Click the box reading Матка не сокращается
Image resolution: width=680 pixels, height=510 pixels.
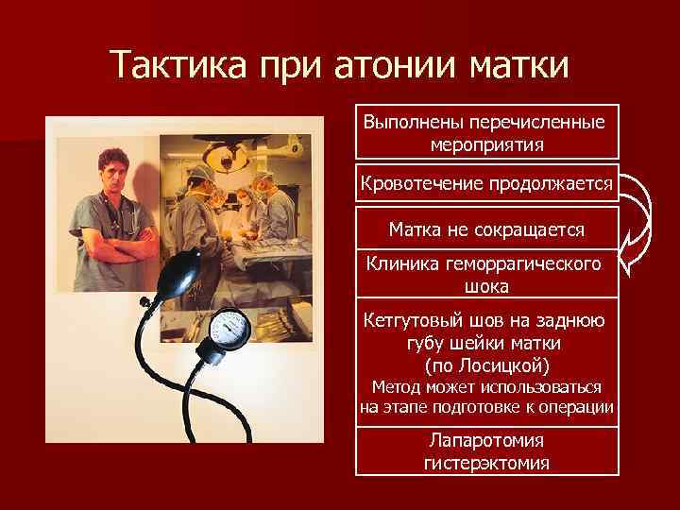tap(486, 229)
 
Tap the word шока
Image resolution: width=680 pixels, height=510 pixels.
tap(486, 286)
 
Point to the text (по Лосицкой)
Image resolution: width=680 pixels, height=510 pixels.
tap(486, 365)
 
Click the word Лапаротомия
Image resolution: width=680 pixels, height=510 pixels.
tap(486, 441)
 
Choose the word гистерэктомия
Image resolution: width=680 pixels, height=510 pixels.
tap(486, 463)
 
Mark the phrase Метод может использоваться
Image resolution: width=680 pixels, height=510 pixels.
tap(486, 387)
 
